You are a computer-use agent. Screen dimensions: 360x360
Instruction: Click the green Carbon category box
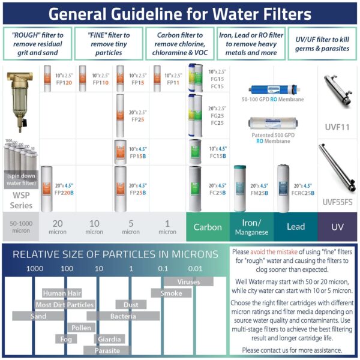[208, 227]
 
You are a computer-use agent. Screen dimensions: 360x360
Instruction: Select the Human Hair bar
[62, 293]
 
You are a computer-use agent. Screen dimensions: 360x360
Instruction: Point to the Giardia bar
[113, 339]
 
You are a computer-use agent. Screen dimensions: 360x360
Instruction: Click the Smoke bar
[171, 293]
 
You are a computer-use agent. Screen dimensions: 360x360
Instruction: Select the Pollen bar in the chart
[81, 328]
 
